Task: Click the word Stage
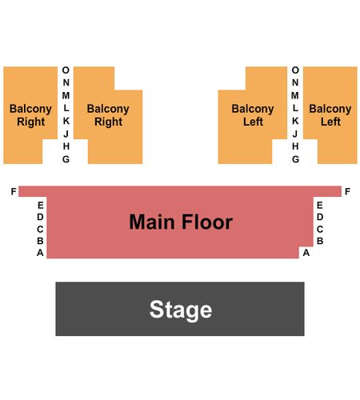(x=181, y=310)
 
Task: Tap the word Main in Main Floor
(x=152, y=222)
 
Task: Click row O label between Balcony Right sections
(x=66, y=70)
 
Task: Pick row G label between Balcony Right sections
(x=66, y=159)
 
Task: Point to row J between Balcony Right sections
(x=66, y=134)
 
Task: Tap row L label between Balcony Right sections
(x=66, y=108)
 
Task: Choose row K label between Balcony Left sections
(x=295, y=121)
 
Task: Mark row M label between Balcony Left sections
(x=295, y=95)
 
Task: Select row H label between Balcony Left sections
(x=295, y=146)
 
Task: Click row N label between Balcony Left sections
(x=295, y=82)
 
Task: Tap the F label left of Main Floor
(x=14, y=191)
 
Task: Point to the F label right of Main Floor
(x=347, y=191)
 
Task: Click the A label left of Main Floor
(x=40, y=253)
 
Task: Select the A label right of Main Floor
(x=306, y=253)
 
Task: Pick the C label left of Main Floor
(x=40, y=229)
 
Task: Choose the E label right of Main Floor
(x=320, y=206)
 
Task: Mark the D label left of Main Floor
(x=40, y=217)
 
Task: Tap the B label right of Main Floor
(x=320, y=241)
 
